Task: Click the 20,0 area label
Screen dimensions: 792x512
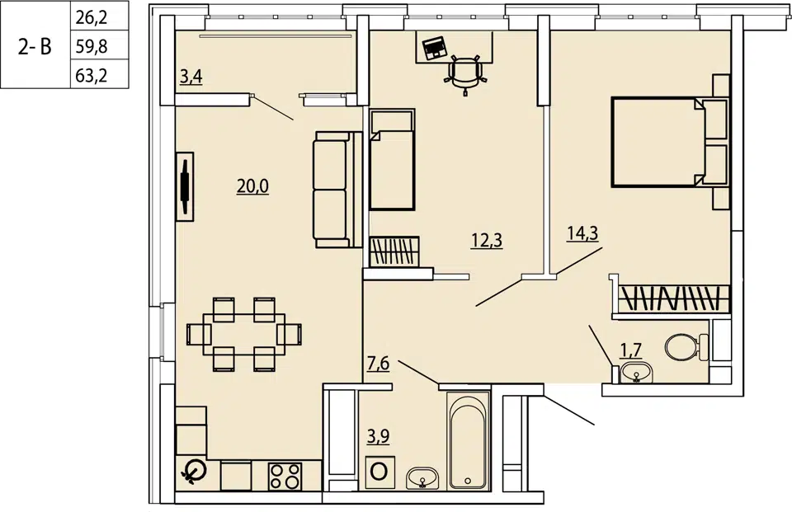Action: click(x=252, y=187)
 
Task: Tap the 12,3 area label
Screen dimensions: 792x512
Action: click(x=487, y=241)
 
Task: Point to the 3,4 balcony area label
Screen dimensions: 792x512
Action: click(x=191, y=77)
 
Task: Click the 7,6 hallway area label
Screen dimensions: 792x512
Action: click(x=379, y=364)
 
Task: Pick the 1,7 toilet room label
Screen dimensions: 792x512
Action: click(x=631, y=350)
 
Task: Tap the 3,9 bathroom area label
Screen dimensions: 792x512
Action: click(x=379, y=436)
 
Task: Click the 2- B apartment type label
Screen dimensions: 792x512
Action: click(x=35, y=46)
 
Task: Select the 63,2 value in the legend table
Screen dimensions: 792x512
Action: click(x=92, y=76)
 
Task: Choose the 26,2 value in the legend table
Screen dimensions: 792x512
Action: click(x=92, y=17)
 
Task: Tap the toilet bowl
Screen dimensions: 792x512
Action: click(x=686, y=347)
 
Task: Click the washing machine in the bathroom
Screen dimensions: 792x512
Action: click(x=379, y=472)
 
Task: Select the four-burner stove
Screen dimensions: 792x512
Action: click(x=285, y=477)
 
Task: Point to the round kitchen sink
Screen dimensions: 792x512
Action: click(x=193, y=472)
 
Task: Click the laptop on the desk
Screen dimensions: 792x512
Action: click(x=433, y=49)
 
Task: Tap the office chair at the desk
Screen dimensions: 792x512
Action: click(x=465, y=73)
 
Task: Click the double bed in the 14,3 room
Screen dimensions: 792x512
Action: click(x=670, y=143)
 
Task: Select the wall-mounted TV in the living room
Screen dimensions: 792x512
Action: click(x=185, y=186)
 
